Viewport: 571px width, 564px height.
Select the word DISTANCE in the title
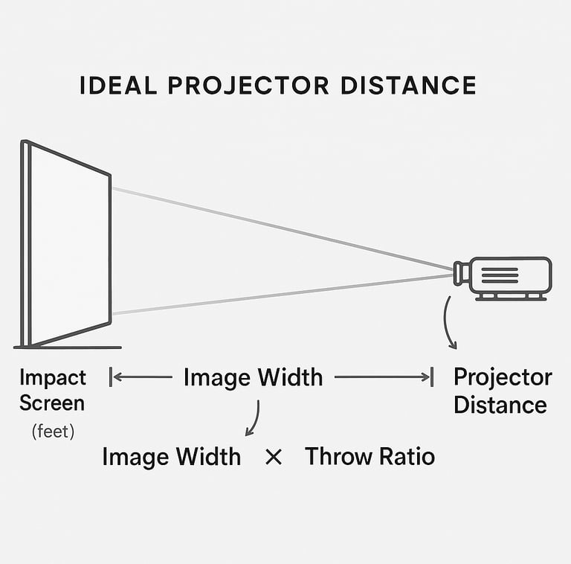coord(408,86)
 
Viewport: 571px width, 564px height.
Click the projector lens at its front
coord(461,273)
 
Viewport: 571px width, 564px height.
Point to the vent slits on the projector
coord(500,275)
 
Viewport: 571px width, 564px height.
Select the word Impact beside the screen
coord(53,377)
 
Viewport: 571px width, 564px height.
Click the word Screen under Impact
coord(52,404)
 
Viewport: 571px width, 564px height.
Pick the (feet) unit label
coord(53,431)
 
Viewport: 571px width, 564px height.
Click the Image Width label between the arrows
coord(253,377)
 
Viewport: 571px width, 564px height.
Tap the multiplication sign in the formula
coord(274,457)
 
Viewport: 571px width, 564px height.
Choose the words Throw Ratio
coord(370,456)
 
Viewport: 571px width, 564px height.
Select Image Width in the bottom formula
coord(171,456)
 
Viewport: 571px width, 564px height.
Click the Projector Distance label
coord(502,391)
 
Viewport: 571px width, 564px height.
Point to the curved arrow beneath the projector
coord(448,322)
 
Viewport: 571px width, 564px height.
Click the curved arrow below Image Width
coord(254,419)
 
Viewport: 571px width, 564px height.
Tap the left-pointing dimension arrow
coord(141,377)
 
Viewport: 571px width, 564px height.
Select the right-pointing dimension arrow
coord(383,377)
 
